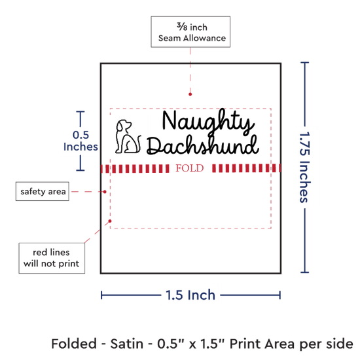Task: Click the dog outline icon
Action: tap(128, 136)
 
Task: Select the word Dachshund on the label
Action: tap(203, 145)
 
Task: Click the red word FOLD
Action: tap(190, 168)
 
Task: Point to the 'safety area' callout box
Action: tap(43, 191)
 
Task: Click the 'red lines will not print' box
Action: tap(52, 258)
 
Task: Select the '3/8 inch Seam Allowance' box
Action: tap(190, 32)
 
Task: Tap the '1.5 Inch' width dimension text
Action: tap(190, 295)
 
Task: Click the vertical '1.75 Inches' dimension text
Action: tap(305, 167)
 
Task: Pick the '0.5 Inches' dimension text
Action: tap(81, 141)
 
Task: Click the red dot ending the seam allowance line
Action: tap(190, 94)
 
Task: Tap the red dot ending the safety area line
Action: tap(105, 192)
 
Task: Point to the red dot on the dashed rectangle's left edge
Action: tap(110, 221)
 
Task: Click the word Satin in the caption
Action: tap(127, 344)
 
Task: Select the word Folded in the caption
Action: tap(74, 344)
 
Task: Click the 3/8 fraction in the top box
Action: tap(182, 27)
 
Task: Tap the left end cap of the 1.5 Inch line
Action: tap(101, 295)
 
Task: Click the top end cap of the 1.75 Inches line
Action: tap(304, 62)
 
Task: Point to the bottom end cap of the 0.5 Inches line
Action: tap(81, 170)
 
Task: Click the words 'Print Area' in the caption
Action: tap(262, 344)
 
